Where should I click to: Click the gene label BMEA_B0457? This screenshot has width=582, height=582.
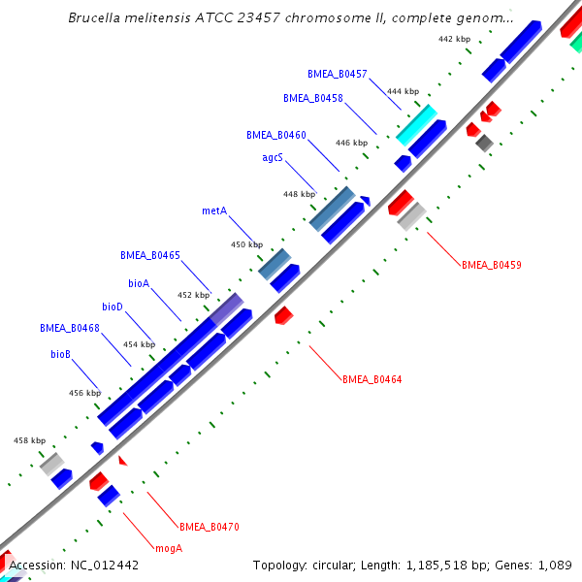pos(337,74)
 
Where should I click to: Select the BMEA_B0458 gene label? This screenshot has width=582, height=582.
pos(312,98)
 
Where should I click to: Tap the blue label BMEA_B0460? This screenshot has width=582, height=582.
pos(275,135)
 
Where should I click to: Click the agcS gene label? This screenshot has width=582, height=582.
pos(273,156)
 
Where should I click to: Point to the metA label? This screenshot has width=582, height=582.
pos(214,210)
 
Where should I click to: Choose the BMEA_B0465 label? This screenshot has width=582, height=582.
pos(150,255)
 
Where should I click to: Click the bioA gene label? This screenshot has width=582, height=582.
pos(139,283)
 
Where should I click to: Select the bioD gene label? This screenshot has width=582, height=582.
pos(113,307)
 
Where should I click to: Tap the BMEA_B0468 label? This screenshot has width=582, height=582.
pos(70,328)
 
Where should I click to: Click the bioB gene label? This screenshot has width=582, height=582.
pos(60,354)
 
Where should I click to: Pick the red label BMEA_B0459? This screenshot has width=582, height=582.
pos(492,264)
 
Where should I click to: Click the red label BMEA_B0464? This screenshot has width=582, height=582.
pos(372,379)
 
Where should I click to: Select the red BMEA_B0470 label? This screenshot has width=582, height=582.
pos(209,527)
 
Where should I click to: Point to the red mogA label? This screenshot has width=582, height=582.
pos(169,548)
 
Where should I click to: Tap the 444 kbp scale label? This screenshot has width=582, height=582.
pos(403,91)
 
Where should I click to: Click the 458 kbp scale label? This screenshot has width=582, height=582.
pos(29,440)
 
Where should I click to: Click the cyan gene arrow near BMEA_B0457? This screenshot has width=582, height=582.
pos(416,125)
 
